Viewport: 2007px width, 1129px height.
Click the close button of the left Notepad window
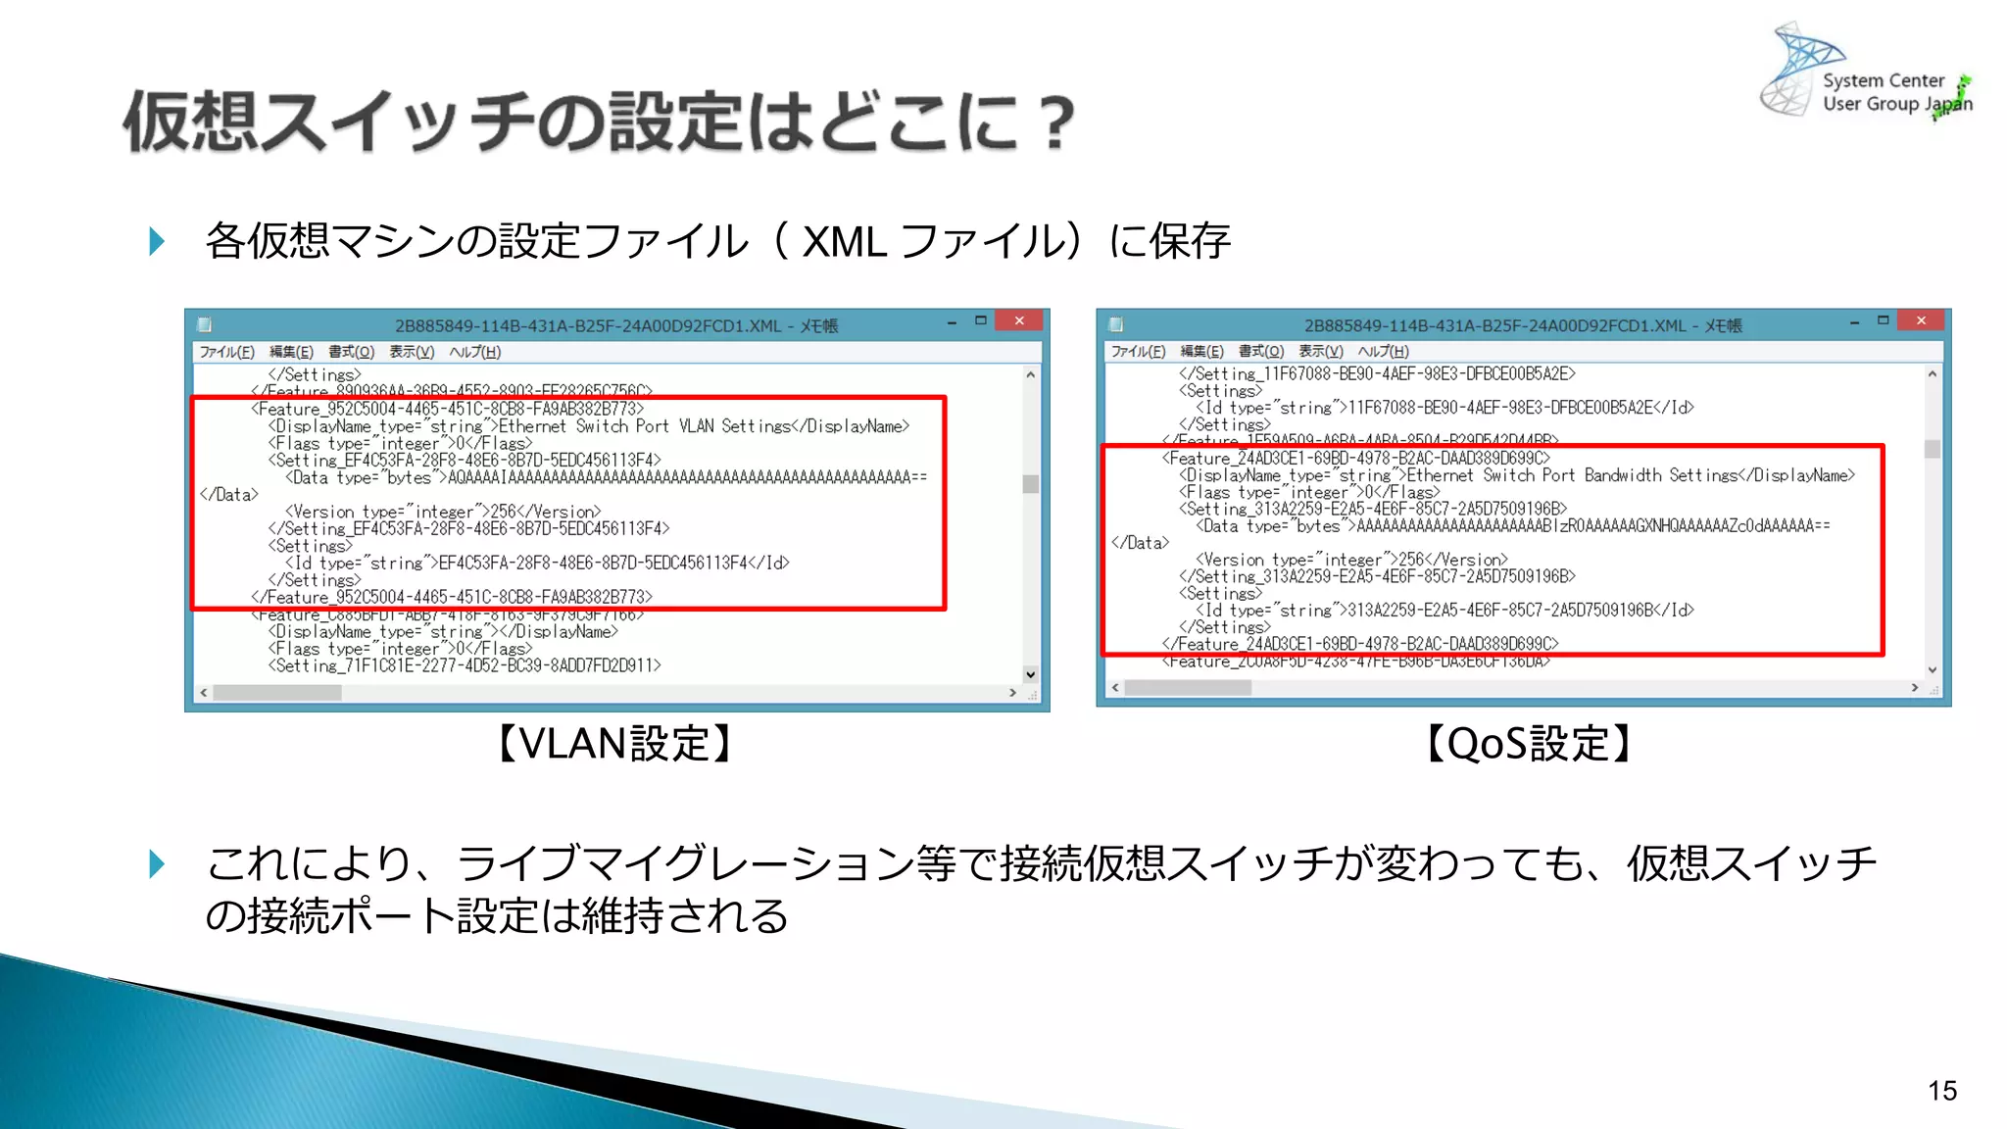point(1019,321)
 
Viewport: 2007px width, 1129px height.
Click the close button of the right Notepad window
point(1921,321)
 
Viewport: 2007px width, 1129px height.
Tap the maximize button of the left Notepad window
point(980,321)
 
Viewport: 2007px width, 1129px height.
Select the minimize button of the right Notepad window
point(1854,322)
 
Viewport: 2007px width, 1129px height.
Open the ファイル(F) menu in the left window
point(226,352)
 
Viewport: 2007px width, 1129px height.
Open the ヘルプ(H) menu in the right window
point(1383,351)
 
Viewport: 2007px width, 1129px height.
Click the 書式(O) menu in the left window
point(351,352)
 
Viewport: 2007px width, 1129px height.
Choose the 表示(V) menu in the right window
point(1320,351)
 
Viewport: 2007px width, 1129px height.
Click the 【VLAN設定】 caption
point(614,744)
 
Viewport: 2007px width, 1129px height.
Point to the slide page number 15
point(1941,1091)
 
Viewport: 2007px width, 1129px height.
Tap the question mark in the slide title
point(1056,123)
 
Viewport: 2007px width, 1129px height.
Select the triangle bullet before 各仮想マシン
point(157,241)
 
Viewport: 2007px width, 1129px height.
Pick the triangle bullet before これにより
point(157,863)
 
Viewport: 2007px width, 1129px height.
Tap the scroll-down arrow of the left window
point(1030,674)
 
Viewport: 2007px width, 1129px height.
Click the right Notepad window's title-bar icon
point(1115,324)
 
